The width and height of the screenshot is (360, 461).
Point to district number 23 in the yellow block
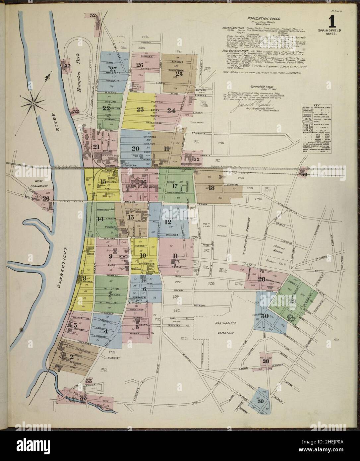[x=140, y=109]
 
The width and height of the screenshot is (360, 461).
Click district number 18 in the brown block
[x=211, y=188]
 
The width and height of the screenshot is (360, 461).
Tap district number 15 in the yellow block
[x=103, y=182]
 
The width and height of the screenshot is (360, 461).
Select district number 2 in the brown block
[x=72, y=357]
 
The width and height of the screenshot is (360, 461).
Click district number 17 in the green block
[x=175, y=186]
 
